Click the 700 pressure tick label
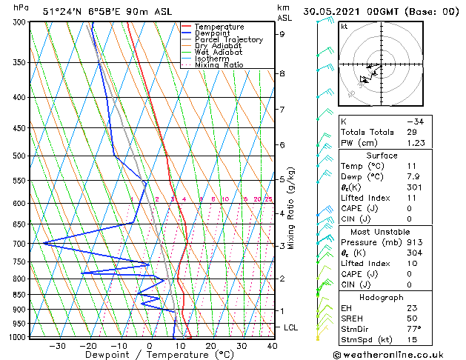pyautogui.click(x=20, y=244)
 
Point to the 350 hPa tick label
pyautogui.click(x=20, y=63)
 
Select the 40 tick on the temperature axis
pyautogui.click(x=272, y=346)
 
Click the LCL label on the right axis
pyautogui.click(x=291, y=327)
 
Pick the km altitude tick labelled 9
pyautogui.click(x=282, y=34)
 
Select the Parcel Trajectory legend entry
pyautogui.click(x=228, y=40)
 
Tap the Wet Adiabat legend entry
pyautogui.click(x=217, y=53)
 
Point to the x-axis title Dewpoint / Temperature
pyautogui.click(x=150, y=356)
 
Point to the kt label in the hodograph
pyautogui.click(x=344, y=27)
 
